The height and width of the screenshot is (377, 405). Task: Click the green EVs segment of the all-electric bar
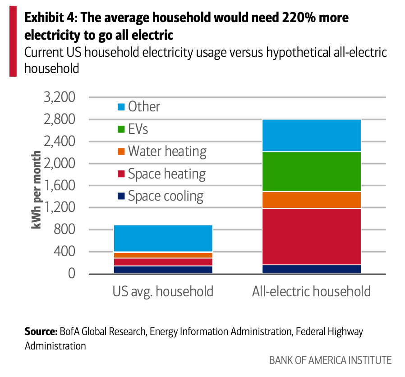coord(312,171)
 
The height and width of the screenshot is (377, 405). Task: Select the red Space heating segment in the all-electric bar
coord(312,236)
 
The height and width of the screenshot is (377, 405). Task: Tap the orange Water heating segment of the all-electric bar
coord(312,200)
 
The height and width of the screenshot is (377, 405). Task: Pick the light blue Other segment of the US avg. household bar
coord(163,238)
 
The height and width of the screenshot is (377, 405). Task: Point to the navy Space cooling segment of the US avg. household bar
coord(163,270)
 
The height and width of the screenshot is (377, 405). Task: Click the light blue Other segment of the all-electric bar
coord(312,135)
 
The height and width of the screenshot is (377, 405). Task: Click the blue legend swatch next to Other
coord(121,107)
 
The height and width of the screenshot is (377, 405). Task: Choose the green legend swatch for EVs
coord(121,129)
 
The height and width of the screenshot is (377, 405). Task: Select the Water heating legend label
coord(167,152)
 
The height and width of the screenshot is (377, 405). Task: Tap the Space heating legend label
coord(166,174)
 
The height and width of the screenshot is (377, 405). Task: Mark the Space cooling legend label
coord(166,196)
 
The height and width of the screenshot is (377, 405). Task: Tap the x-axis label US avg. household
coord(163,291)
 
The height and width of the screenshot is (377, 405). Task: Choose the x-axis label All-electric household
coord(311,291)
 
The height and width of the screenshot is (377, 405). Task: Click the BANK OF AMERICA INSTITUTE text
coord(330,360)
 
